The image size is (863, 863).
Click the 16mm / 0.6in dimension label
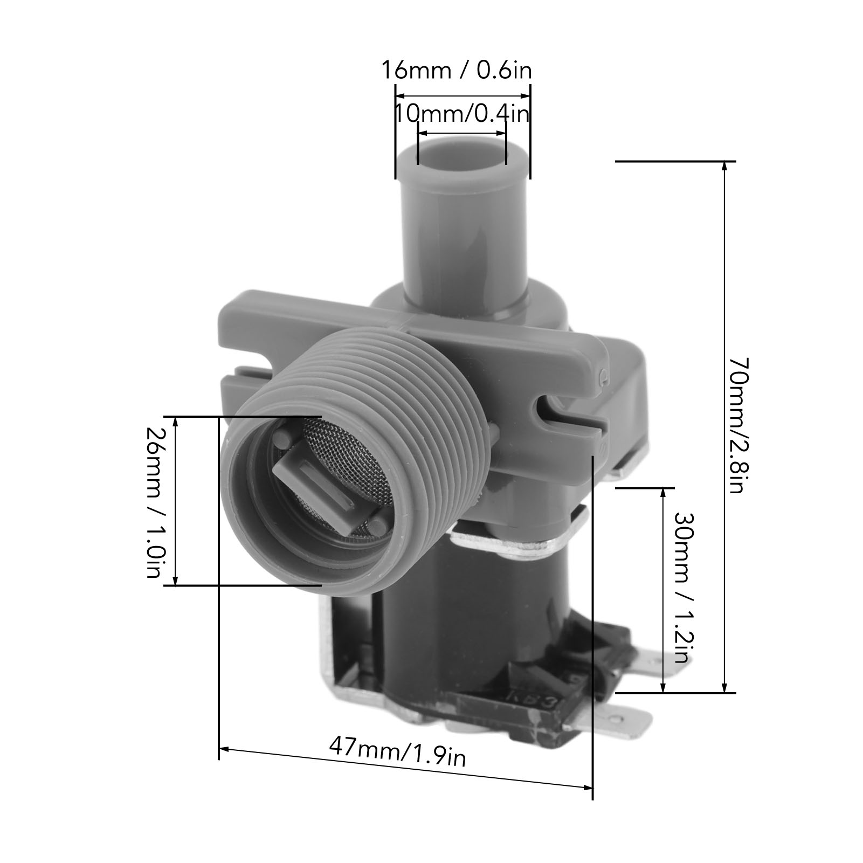point(457,70)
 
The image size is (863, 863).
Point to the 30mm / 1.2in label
point(682,588)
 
